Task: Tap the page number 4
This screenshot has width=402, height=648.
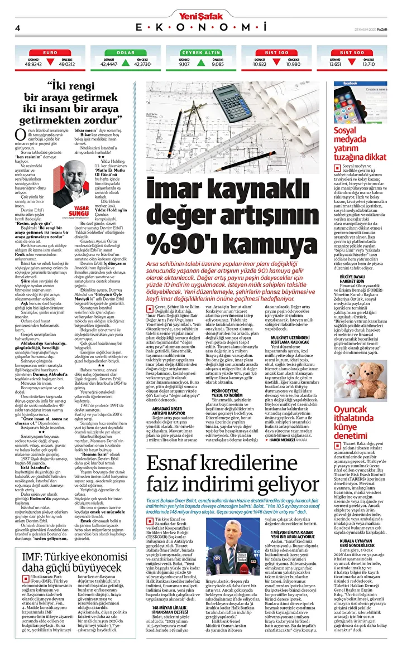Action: point(18,27)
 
